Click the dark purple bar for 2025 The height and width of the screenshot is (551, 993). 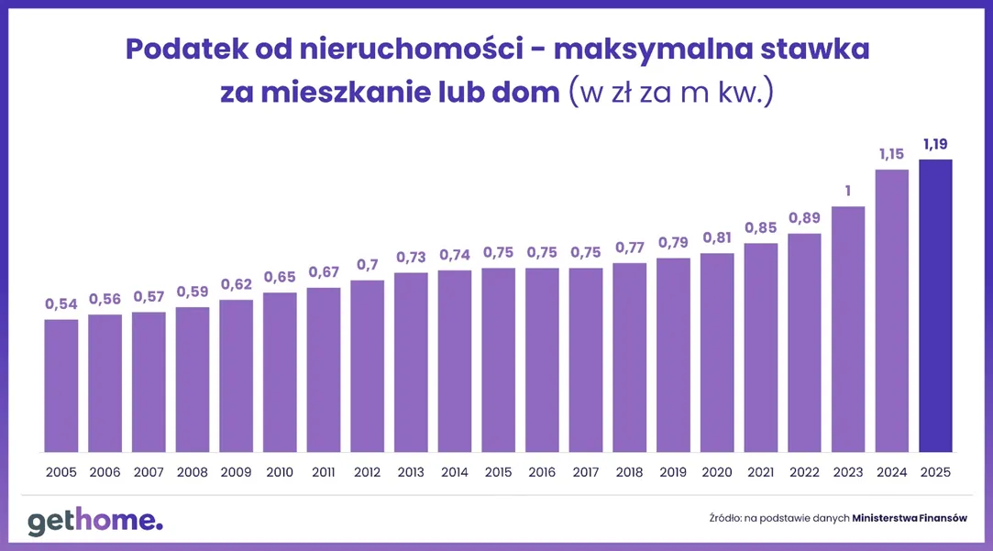pyautogui.click(x=935, y=305)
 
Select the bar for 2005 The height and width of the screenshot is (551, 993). pyautogui.click(x=61, y=385)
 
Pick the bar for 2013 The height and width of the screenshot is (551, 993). pyautogui.click(x=411, y=362)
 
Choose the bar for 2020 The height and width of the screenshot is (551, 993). pyautogui.click(x=717, y=352)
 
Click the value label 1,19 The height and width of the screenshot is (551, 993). pyautogui.click(x=936, y=143)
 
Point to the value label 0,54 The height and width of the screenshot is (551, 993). pyautogui.click(x=61, y=303)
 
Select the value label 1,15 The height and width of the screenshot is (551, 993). pyautogui.click(x=892, y=153)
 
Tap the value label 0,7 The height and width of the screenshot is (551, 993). pyautogui.click(x=367, y=264)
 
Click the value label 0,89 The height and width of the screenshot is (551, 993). pyautogui.click(x=804, y=217)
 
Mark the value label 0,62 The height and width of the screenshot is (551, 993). pyautogui.click(x=237, y=283)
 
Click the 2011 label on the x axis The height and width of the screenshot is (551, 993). pyautogui.click(x=324, y=473)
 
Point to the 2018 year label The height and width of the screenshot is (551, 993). pyautogui.click(x=630, y=473)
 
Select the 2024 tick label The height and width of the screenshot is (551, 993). pyautogui.click(x=892, y=473)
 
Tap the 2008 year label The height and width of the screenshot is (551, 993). pyautogui.click(x=193, y=473)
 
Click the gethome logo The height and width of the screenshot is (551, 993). pyautogui.click(x=94, y=520)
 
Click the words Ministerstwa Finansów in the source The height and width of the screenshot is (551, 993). pyautogui.click(x=910, y=518)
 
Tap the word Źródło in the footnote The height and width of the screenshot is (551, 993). pyautogui.click(x=724, y=518)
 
